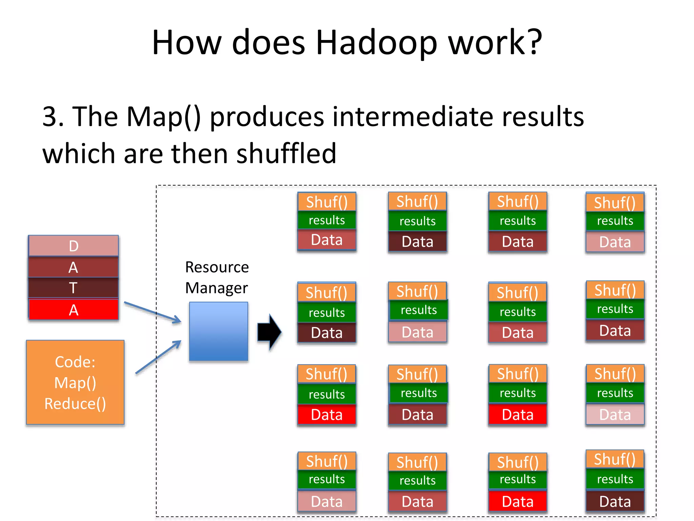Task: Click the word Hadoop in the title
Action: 376,43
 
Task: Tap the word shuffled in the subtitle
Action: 286,154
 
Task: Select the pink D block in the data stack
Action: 74,246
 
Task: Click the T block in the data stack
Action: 74,288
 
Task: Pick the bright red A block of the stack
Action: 74,310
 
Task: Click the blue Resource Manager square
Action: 219,331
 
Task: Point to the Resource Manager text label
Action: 217,277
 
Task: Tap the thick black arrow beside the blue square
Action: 269,332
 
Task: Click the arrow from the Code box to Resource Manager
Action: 158,357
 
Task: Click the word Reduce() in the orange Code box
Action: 75,404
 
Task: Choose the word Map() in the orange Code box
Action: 75,383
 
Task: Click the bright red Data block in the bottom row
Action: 517,501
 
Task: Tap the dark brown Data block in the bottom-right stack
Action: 615,501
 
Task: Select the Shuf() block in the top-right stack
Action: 615,203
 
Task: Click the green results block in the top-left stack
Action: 327,220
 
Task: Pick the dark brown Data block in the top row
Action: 417,242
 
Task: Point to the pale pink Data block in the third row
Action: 615,414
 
